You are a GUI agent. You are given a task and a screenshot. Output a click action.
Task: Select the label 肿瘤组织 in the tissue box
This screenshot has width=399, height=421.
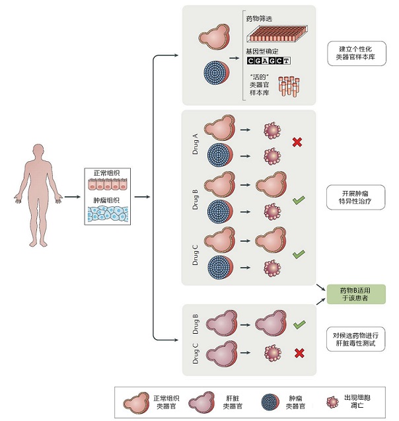pyautogui.click(x=106, y=198)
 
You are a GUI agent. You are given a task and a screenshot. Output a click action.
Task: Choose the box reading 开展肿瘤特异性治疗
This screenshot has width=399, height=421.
pyautogui.click(x=355, y=197)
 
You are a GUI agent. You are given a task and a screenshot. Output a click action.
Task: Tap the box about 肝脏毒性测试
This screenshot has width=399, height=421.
pyautogui.click(x=355, y=338)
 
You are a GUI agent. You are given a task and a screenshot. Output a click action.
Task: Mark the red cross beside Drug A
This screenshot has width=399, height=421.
pyautogui.click(x=298, y=141)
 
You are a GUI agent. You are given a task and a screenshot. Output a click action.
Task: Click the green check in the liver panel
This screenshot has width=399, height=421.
pyautogui.click(x=299, y=325)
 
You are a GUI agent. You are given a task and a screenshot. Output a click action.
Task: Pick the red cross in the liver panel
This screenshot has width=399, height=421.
pyautogui.click(x=299, y=354)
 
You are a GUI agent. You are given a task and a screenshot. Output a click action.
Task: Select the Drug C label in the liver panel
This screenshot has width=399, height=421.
pyautogui.click(x=195, y=354)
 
